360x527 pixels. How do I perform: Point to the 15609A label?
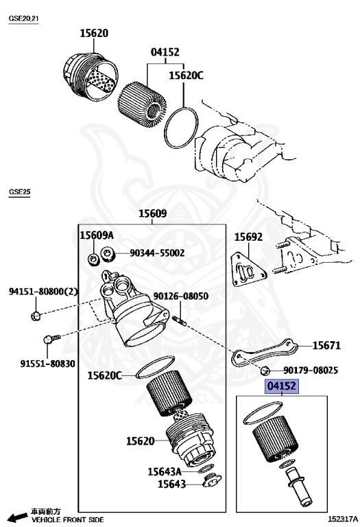pyautogui.click(x=97, y=235)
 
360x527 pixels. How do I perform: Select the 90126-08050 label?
pyautogui.click(x=180, y=296)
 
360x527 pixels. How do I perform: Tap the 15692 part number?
pyautogui.click(x=248, y=237)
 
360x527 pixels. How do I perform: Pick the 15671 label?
pyautogui.click(x=326, y=346)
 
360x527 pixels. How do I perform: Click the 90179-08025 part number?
pyautogui.click(x=311, y=371)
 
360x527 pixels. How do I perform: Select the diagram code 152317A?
pyautogui.click(x=340, y=520)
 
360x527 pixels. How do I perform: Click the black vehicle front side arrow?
pyautogui.click(x=15, y=516)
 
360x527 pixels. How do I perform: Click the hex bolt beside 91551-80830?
pyautogui.click(x=49, y=338)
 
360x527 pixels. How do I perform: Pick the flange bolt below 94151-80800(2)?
pyautogui.click(x=36, y=315)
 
